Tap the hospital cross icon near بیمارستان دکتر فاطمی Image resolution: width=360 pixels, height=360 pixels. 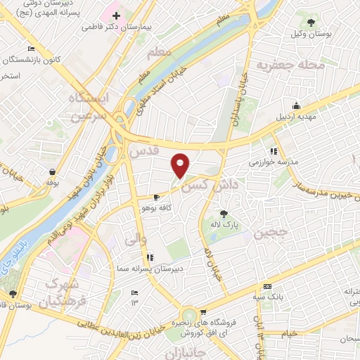pos(117,15)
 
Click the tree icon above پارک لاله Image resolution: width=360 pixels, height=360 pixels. pos(224,213)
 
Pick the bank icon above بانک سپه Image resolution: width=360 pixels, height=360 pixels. pos(267,286)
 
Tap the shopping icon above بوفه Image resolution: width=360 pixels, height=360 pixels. pos(51,172)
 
